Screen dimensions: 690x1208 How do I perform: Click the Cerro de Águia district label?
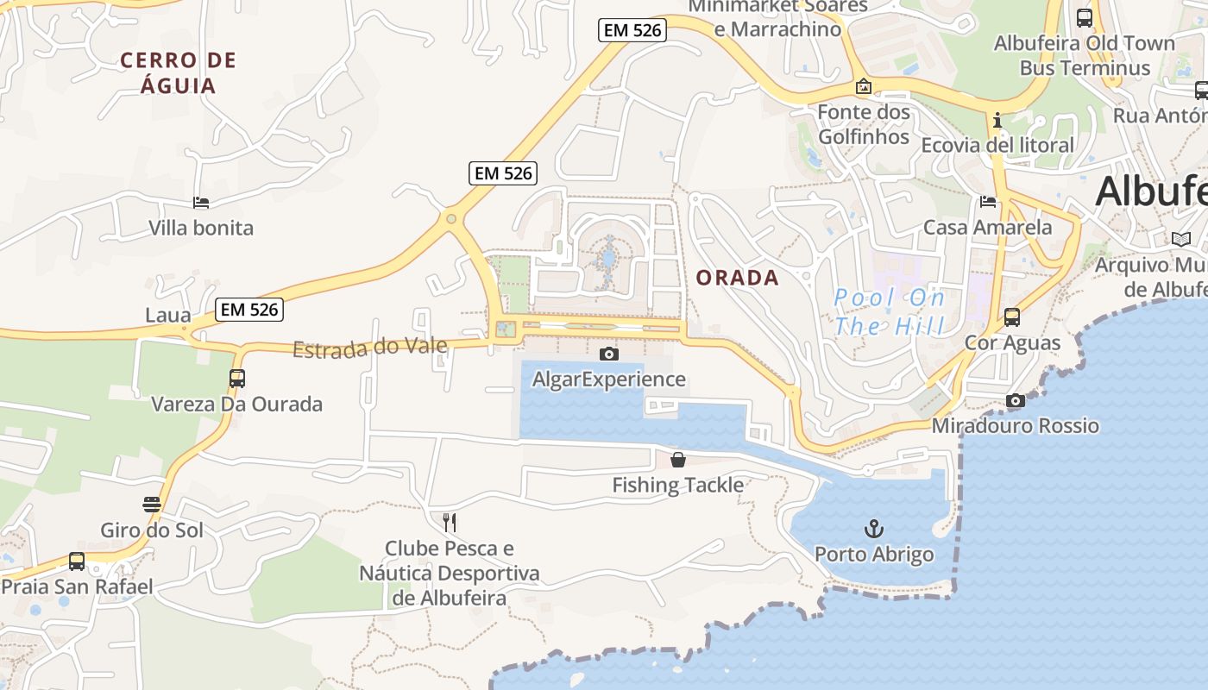click(x=178, y=72)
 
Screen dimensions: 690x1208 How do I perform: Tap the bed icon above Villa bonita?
click(x=201, y=203)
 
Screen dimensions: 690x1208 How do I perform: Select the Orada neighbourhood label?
click(x=737, y=278)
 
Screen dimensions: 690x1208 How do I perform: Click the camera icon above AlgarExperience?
click(x=608, y=354)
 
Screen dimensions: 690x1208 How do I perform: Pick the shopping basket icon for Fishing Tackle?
click(x=678, y=460)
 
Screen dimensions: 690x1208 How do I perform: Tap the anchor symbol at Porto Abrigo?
click(x=874, y=528)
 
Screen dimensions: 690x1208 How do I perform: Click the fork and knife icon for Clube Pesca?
click(x=449, y=522)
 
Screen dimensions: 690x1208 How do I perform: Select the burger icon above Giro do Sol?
click(x=152, y=505)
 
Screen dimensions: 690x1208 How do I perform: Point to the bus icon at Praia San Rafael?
click(x=77, y=561)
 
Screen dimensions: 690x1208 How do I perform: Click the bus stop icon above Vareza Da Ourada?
click(x=236, y=378)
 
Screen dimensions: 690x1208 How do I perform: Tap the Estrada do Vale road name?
click(x=369, y=348)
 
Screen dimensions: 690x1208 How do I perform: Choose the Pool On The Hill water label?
click(x=889, y=312)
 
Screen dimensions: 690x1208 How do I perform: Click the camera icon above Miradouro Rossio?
click(x=1016, y=400)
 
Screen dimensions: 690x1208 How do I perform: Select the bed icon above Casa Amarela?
click(x=988, y=202)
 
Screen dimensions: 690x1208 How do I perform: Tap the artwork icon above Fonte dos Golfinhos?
click(x=863, y=86)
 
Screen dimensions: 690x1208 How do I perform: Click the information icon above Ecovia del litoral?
click(x=997, y=120)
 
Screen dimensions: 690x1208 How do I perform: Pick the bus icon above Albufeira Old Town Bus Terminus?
click(x=1085, y=17)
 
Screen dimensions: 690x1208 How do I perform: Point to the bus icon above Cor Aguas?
click(x=1012, y=317)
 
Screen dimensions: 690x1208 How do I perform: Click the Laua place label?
click(x=167, y=315)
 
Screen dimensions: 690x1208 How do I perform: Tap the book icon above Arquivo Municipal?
click(x=1180, y=239)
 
